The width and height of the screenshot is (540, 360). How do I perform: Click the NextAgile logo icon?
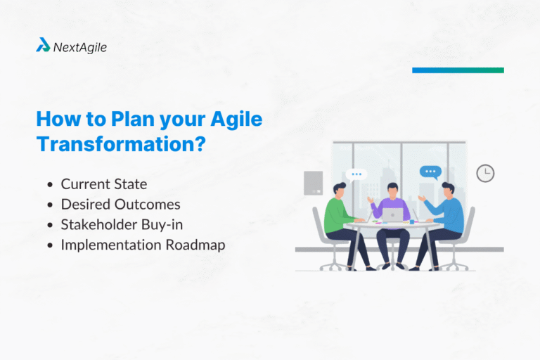(x=43, y=46)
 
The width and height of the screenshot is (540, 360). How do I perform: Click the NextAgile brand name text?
(x=80, y=47)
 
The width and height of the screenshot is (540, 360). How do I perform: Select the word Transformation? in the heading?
(x=121, y=144)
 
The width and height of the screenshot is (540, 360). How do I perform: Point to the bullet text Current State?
(x=103, y=184)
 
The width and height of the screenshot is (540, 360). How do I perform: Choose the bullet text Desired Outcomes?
(x=120, y=205)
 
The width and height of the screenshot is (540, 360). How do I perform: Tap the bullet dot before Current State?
(x=50, y=185)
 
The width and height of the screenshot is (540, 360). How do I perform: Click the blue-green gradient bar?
(x=458, y=70)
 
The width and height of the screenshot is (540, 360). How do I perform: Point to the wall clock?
(x=485, y=173)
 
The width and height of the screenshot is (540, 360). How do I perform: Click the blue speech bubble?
(x=430, y=172)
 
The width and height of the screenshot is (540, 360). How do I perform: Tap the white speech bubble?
(x=356, y=174)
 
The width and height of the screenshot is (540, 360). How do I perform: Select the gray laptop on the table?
(x=392, y=214)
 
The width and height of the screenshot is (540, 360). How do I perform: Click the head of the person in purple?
(x=393, y=191)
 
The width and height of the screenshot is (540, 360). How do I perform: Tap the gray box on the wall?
(x=313, y=183)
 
